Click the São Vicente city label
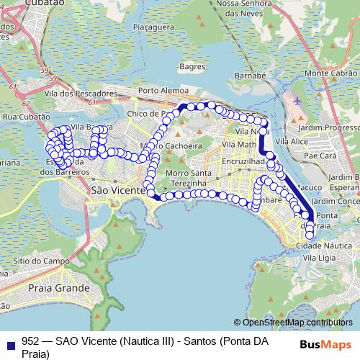click(x=112, y=189)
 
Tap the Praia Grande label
click(x=58, y=288)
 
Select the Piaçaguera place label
click(x=161, y=30)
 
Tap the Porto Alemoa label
click(x=163, y=91)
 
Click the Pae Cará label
click(x=320, y=155)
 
